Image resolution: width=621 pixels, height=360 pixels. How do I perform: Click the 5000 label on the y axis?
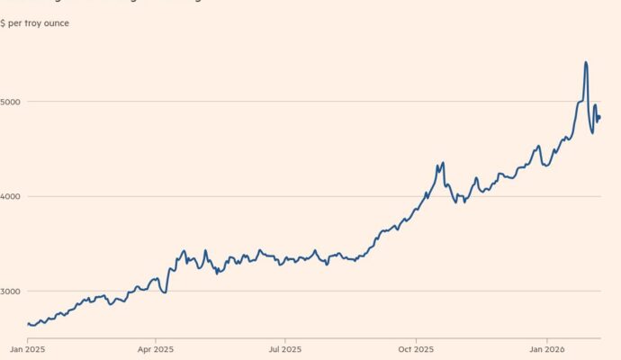tap(12, 102)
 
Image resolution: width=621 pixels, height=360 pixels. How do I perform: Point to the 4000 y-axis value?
tap(12, 196)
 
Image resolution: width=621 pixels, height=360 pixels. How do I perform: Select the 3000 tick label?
tap(12, 292)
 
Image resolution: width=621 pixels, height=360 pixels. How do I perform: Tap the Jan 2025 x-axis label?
tap(27, 347)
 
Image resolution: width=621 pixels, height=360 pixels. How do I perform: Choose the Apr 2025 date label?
tap(156, 347)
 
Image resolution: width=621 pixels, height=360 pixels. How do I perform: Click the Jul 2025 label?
tap(284, 347)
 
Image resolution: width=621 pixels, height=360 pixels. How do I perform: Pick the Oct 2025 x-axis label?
tap(416, 347)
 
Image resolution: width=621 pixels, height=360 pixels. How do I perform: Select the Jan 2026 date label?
tap(546, 347)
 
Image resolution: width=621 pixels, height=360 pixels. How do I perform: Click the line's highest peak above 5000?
tap(586, 62)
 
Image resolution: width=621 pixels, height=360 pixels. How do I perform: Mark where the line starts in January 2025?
tap(27, 323)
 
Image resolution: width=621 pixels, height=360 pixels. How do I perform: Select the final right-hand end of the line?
tap(600, 117)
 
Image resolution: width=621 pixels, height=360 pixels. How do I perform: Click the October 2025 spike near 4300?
tap(443, 163)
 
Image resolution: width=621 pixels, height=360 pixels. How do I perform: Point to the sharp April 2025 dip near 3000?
tap(165, 292)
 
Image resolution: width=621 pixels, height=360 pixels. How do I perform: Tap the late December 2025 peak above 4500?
tap(538, 146)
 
